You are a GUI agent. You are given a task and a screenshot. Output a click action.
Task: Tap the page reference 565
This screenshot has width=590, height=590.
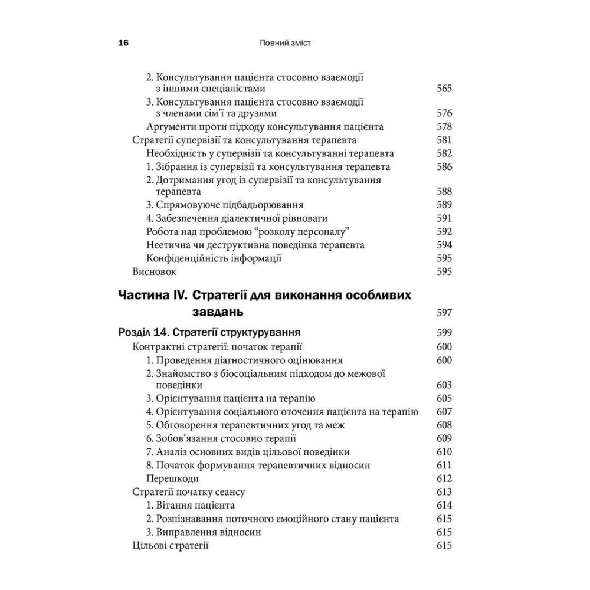point(444,88)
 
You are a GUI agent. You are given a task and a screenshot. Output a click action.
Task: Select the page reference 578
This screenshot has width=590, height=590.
point(444,126)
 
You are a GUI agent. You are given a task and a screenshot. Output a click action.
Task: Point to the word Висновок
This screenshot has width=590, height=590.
point(155,271)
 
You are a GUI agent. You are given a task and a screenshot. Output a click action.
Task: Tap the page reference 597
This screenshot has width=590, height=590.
point(444,313)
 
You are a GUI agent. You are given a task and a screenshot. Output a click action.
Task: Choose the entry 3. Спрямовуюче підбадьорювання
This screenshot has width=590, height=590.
point(225,205)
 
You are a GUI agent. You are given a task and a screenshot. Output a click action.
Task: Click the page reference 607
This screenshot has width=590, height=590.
point(444,412)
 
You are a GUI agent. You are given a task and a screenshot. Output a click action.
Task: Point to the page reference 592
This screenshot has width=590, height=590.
point(444,231)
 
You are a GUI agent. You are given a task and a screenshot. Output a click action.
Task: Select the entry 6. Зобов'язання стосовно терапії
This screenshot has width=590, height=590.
point(221,438)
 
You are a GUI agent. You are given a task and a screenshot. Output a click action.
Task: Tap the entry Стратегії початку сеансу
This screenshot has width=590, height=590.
point(189,492)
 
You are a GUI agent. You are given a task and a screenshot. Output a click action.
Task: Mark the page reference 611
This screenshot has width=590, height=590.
point(444,466)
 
